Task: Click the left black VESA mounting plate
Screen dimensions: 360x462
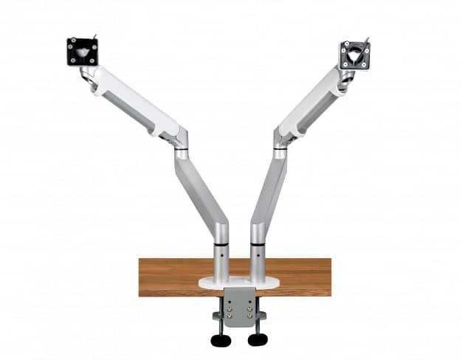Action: tap(82, 52)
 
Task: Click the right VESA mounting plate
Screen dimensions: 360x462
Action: tap(354, 55)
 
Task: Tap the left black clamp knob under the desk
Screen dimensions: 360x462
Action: tap(221, 339)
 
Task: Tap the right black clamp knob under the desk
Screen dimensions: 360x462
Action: tap(258, 339)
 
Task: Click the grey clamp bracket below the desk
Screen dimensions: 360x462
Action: tap(239, 306)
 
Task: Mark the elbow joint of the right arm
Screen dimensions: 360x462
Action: tap(281, 140)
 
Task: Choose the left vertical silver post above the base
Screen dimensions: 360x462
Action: tap(221, 262)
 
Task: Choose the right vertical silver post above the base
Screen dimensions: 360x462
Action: tap(257, 262)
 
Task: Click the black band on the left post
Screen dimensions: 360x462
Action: tap(221, 242)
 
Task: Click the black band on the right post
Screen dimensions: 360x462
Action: tap(257, 242)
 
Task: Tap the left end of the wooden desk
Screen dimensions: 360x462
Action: tap(145, 277)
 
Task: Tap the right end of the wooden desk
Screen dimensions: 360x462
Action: tap(325, 277)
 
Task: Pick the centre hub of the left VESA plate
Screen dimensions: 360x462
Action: tap(82, 52)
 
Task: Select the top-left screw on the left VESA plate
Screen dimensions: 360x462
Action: tap(71, 42)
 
